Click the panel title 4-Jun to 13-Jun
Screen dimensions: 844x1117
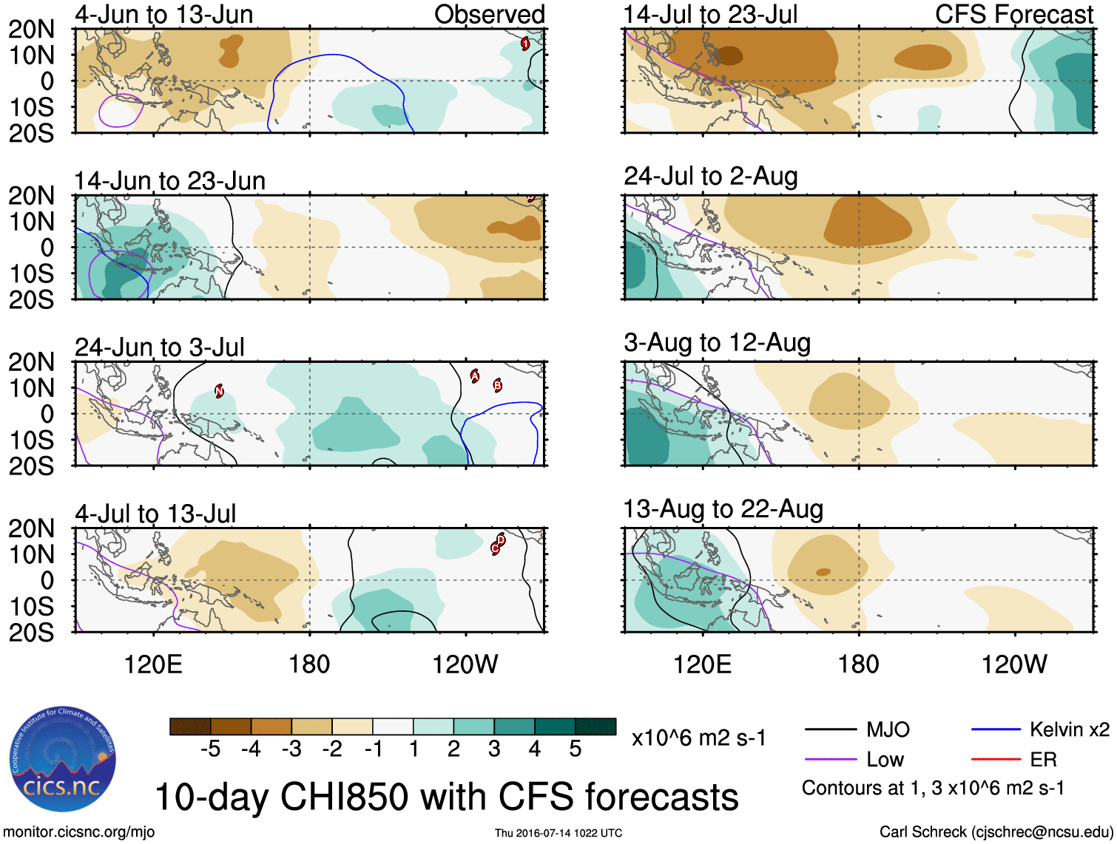click(163, 14)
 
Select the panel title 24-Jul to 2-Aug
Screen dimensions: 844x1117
click(710, 176)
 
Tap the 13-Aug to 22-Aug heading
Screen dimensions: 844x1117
click(723, 509)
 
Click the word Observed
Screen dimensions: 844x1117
click(489, 14)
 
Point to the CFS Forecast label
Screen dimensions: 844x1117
click(1013, 14)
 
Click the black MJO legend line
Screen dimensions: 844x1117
click(830, 730)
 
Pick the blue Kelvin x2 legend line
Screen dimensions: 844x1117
click(996, 730)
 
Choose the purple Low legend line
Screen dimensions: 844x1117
click(830, 759)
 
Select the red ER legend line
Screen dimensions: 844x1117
click(996, 759)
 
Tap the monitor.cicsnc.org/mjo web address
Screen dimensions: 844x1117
click(79, 832)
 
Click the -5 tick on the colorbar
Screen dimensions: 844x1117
click(211, 749)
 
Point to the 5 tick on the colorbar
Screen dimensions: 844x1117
click(575, 749)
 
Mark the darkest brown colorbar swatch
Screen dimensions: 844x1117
click(190, 726)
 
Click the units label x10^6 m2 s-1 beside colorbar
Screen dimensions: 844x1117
click(698, 738)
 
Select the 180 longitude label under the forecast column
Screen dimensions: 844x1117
click(858, 664)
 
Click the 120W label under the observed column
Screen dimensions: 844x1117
click(465, 664)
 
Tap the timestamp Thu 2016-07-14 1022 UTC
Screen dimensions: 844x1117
click(558, 833)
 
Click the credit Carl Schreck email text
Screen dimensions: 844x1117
click(996, 832)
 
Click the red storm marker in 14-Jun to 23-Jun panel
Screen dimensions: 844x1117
click(531, 197)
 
